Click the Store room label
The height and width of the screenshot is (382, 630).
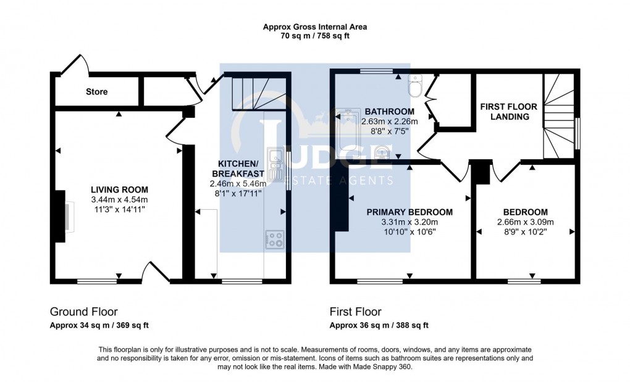pos(97,91)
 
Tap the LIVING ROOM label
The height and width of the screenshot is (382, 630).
pos(119,190)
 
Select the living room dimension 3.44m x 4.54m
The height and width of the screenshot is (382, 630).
pos(119,200)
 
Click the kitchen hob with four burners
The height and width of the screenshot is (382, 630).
pos(275,239)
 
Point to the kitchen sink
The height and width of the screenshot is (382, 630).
pos(275,164)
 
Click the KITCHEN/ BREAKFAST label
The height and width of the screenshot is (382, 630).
pos(238,168)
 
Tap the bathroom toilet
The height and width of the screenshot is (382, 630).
pos(414,85)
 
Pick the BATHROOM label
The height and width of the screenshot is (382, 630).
pos(389,112)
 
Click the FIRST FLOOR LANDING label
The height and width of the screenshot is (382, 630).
pos(509,112)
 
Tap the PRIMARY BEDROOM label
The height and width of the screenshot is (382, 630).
pos(409,212)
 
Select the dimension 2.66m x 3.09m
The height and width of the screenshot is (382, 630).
pos(526,222)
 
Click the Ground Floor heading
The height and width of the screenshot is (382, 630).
pos(83,312)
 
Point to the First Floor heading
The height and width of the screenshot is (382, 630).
pos(356,312)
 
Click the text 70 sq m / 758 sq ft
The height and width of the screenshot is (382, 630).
pos(315,36)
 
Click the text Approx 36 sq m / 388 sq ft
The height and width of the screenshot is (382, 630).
pos(379,325)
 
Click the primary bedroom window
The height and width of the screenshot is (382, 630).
pos(380,281)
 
